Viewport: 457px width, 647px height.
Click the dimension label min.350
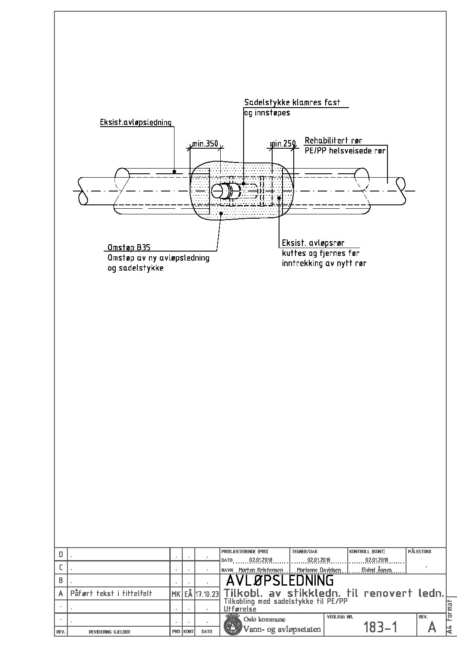tap(205, 143)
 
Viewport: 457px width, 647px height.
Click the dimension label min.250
tap(283, 143)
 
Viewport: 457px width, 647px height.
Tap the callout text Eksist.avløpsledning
tap(136, 122)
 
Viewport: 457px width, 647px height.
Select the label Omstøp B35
tap(129, 247)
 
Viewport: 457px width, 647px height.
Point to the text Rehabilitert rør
tap(333, 140)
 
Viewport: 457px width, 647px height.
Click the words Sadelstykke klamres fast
tap(292, 102)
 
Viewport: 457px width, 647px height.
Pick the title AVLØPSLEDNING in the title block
tap(280, 580)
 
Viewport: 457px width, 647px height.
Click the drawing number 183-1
tap(380, 627)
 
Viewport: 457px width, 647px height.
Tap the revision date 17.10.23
tap(207, 594)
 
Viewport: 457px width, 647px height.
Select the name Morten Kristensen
tap(261, 570)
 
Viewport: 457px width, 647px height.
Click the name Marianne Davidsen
tap(319, 570)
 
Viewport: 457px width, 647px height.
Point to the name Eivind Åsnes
tap(377, 570)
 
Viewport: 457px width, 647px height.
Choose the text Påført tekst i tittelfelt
tap(111, 593)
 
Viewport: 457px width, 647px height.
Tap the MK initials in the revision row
tap(176, 594)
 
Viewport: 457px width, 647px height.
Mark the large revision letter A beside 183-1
tap(432, 627)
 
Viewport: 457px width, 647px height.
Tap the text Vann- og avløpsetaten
tap(282, 629)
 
